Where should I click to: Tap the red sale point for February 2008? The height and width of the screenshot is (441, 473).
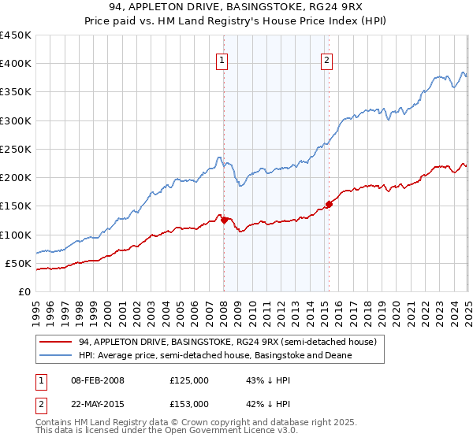[x=224, y=220]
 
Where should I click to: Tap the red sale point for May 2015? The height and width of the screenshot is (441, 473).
[x=329, y=204]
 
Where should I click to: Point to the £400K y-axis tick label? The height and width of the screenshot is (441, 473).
[x=16, y=64]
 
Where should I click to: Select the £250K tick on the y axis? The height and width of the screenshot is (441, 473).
[x=16, y=149]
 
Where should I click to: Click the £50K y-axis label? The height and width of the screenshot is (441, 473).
[x=19, y=263]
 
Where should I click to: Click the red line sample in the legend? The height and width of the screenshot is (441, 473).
[x=56, y=342]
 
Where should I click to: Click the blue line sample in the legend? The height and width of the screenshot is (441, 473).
[x=56, y=355]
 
